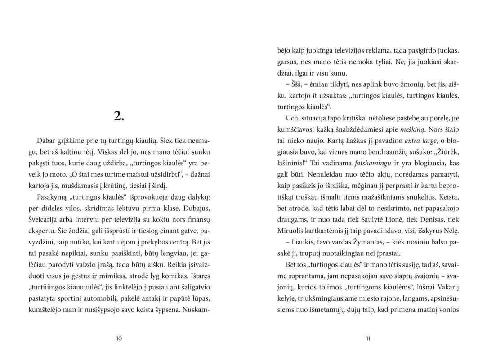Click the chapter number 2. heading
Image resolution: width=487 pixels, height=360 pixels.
(119, 116)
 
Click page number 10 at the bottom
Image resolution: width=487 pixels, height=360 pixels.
(119, 338)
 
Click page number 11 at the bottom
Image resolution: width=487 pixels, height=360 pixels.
(368, 338)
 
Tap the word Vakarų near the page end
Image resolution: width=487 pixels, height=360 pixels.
(447, 287)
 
